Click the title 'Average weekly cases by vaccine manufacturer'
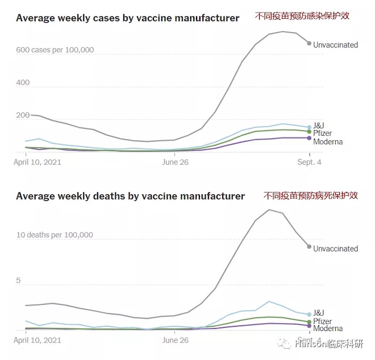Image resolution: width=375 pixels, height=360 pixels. (127, 18)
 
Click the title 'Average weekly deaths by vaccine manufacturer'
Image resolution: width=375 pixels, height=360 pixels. (130, 196)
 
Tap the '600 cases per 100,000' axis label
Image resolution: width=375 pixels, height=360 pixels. (55, 50)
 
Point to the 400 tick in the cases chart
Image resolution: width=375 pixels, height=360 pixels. (22, 83)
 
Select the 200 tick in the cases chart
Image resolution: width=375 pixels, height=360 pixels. (22, 116)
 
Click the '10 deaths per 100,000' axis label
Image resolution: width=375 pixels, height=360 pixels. (54, 235)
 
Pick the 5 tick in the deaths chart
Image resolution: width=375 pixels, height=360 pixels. (19, 281)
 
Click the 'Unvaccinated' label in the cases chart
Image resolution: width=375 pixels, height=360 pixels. (335, 45)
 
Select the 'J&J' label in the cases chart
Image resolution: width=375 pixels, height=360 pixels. (319, 125)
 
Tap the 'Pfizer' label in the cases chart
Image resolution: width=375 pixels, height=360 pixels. (322, 133)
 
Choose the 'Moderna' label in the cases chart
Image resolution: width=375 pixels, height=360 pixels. (328, 141)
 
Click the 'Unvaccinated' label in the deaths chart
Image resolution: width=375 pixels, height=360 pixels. (335, 249)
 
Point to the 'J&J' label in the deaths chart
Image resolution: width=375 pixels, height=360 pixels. (319, 313)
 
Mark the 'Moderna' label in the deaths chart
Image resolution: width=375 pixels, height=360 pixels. (328, 329)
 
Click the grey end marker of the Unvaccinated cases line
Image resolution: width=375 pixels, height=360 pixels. (309, 43)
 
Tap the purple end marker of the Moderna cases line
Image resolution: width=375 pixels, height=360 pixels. (309, 138)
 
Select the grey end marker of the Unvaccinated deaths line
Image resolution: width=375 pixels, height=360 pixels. (309, 246)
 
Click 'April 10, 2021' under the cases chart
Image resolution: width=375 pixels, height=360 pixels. (37, 162)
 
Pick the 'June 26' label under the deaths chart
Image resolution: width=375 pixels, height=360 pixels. (176, 341)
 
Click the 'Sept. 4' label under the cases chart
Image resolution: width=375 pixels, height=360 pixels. (309, 162)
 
